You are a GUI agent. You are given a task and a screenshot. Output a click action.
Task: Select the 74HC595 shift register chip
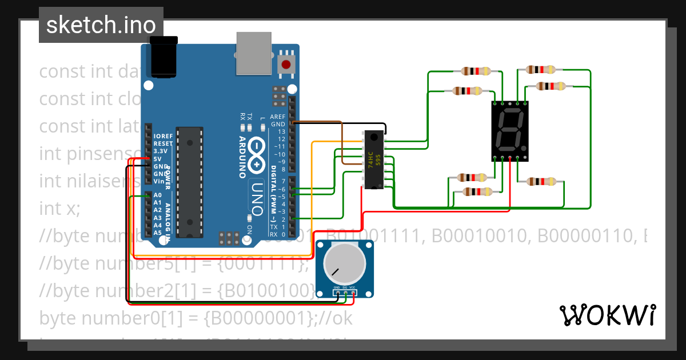click(x=374, y=159)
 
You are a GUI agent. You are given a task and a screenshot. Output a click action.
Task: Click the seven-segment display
click(x=510, y=131)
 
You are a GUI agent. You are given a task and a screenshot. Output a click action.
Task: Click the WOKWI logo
click(x=607, y=315)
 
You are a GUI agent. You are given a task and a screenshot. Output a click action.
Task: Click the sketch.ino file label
click(x=101, y=25)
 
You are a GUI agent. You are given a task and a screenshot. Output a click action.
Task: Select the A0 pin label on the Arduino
click(x=158, y=195)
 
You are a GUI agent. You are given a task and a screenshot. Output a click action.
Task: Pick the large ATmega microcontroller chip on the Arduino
click(x=189, y=182)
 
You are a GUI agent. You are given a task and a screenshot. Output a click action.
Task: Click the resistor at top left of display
click(x=476, y=71)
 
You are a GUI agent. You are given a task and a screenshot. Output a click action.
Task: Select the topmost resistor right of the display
click(x=540, y=69)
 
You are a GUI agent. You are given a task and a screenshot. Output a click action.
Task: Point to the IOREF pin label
click(x=163, y=137)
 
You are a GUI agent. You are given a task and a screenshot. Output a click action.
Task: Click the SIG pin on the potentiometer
click(x=345, y=294)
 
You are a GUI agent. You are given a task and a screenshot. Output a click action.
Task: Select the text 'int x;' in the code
click(x=60, y=209)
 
